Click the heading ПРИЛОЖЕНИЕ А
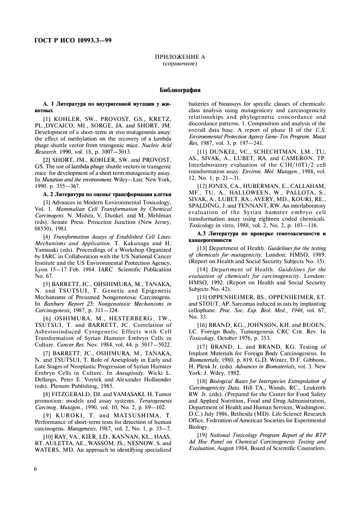[180, 57]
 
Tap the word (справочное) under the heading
[180, 64]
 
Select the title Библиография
[180, 89]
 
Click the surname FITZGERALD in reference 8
[76, 332]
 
